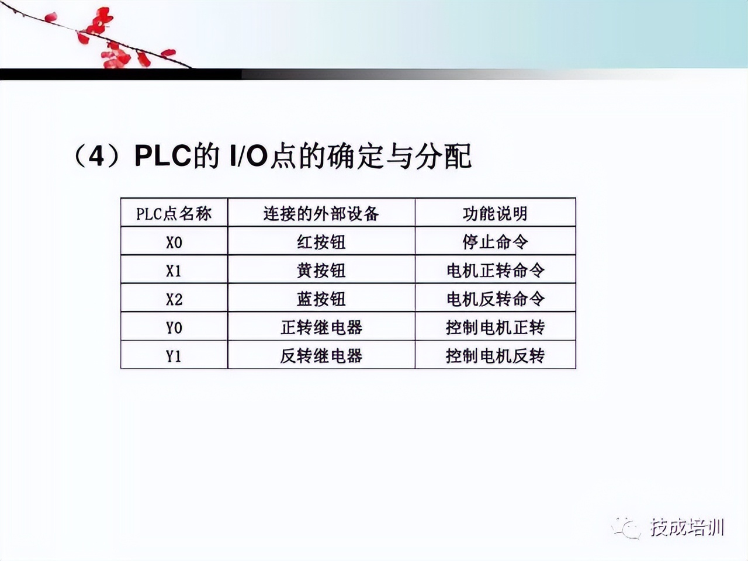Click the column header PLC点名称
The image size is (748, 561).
[174, 213]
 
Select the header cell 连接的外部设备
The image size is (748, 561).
[321, 213]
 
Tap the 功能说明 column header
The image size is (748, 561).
[495, 213]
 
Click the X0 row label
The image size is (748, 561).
[174, 242]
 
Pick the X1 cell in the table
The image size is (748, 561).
[174, 271]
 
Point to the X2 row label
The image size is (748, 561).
[174, 299]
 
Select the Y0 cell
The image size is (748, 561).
[174, 327]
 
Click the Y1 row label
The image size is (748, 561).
[174, 356]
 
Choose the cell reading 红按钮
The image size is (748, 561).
[321, 242]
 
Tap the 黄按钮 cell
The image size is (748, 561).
[321, 271]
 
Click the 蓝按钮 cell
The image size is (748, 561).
[321, 299]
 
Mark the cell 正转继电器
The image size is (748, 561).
[321, 327]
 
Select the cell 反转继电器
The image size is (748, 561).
[321, 356]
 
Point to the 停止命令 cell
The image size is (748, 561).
[495, 242]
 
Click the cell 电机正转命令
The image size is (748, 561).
[495, 271]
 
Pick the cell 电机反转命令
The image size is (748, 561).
[495, 299]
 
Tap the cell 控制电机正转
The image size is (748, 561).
[495, 327]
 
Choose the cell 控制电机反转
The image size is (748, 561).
[495, 356]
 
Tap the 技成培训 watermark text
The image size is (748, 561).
[687, 527]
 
